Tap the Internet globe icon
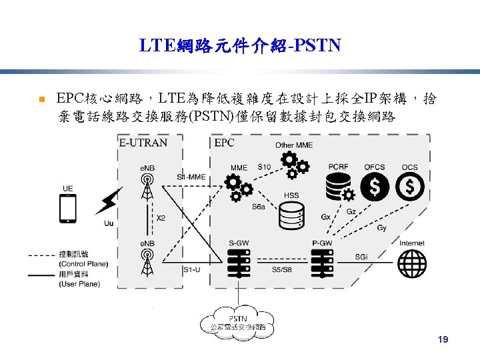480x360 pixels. [412, 259]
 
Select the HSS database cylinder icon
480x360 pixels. [291, 215]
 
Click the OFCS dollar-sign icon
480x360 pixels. [375, 187]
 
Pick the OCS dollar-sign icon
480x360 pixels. [410, 187]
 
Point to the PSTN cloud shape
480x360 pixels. [238, 323]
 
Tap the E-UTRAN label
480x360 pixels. [143, 142]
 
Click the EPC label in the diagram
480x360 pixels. [225, 142]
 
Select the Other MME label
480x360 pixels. [294, 145]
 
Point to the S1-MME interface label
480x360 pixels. [191, 177]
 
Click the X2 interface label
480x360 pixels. [161, 218]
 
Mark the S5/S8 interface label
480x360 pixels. [281, 269]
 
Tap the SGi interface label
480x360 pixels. [361, 257]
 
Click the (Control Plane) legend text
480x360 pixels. [83, 264]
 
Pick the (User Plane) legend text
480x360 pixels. [79, 284]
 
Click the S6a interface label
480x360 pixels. [258, 207]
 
